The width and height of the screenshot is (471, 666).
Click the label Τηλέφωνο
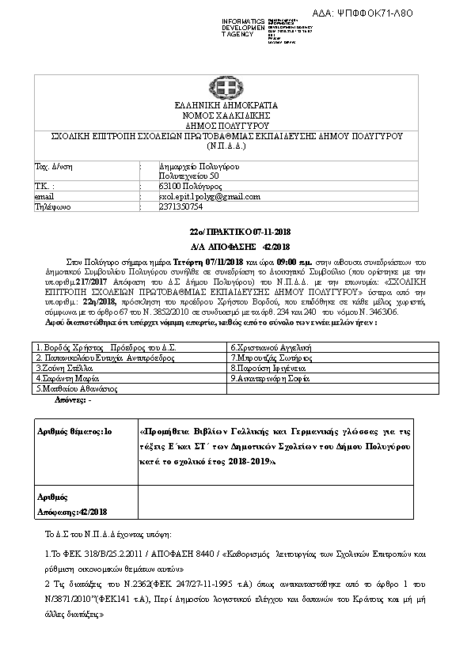click(x=54, y=206)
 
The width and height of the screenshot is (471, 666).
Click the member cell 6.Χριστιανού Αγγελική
click(x=272, y=347)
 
